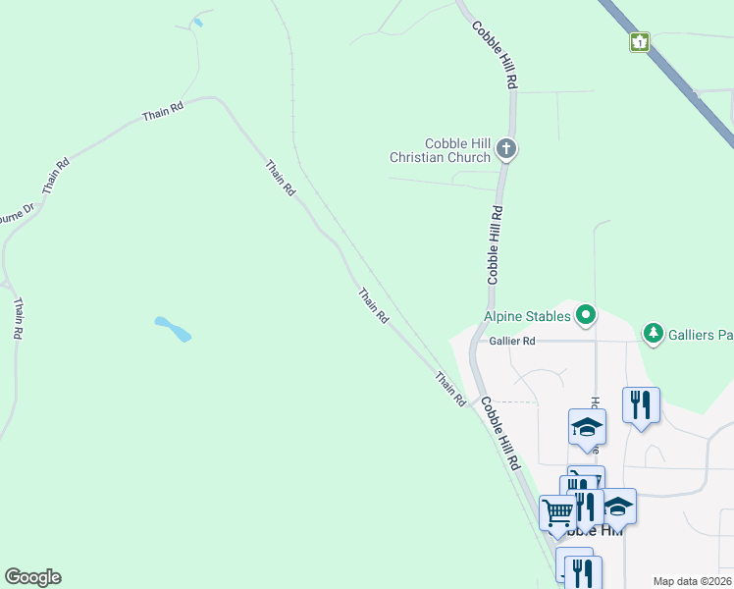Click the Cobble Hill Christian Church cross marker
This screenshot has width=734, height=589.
tap(506, 149)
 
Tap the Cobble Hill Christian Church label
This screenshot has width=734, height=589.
tap(440, 150)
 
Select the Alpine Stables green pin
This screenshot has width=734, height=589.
tap(586, 315)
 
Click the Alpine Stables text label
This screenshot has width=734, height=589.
tap(527, 316)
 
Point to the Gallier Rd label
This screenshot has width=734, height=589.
tap(515, 341)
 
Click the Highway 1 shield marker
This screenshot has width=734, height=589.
tap(640, 42)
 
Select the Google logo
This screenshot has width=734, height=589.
tap(32, 577)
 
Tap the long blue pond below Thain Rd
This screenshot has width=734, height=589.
tap(173, 329)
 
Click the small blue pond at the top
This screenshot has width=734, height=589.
tap(198, 22)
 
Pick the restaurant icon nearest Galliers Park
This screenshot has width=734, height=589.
tap(641, 403)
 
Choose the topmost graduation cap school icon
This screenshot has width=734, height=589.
tap(587, 426)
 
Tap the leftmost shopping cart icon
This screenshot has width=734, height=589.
tap(557, 512)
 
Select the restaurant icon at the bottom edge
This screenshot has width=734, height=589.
tap(582, 571)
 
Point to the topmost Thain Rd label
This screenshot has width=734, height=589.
tap(163, 112)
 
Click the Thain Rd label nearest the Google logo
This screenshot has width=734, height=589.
tap(19, 319)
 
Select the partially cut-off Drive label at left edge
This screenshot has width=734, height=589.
tap(14, 213)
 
